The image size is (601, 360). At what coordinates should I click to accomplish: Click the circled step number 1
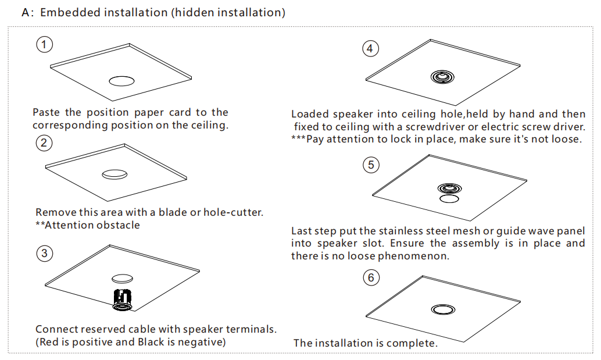(44, 44)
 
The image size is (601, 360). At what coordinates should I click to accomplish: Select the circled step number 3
(44, 253)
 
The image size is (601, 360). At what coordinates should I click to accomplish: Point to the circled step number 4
(370, 49)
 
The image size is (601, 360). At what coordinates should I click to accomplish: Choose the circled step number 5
(370, 165)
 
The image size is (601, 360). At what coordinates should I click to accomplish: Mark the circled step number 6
(370, 278)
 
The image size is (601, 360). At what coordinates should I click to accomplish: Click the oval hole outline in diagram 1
(122, 81)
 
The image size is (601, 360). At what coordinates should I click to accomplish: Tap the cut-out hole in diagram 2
(115, 173)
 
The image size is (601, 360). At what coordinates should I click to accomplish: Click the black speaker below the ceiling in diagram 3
(123, 298)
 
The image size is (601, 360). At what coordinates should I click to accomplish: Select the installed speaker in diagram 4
(442, 77)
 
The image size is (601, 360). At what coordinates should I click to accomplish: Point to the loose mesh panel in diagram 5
(448, 199)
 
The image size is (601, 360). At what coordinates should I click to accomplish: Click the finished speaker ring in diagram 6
(443, 308)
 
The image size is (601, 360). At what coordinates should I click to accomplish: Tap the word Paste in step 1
(46, 112)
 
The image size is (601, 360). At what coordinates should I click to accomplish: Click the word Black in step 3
(151, 342)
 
